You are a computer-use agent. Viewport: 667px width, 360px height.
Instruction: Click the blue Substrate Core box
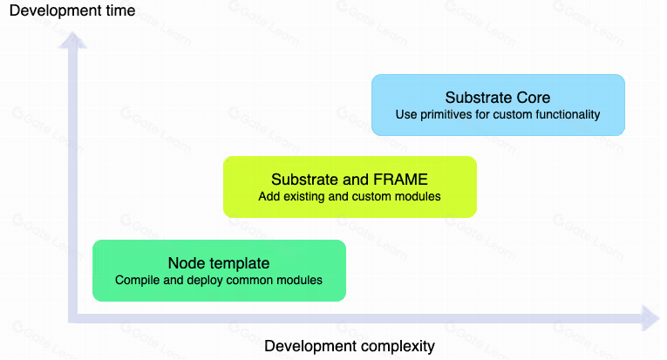pos(498,105)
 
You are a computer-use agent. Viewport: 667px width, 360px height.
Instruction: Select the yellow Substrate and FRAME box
pos(350,187)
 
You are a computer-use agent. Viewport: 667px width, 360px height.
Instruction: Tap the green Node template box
pos(219,270)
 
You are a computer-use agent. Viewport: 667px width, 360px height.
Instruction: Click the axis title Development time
pos(72,12)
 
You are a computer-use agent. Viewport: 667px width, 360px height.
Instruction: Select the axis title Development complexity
pos(349,346)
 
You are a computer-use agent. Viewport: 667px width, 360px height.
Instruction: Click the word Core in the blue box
pos(533,98)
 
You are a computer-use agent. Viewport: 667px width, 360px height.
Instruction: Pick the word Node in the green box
pos(184,263)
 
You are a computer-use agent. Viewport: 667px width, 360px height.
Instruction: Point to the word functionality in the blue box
pos(566,114)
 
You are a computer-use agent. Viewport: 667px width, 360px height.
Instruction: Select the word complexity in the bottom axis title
pos(391,346)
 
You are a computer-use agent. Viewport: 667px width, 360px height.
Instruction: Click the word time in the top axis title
pos(120,12)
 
